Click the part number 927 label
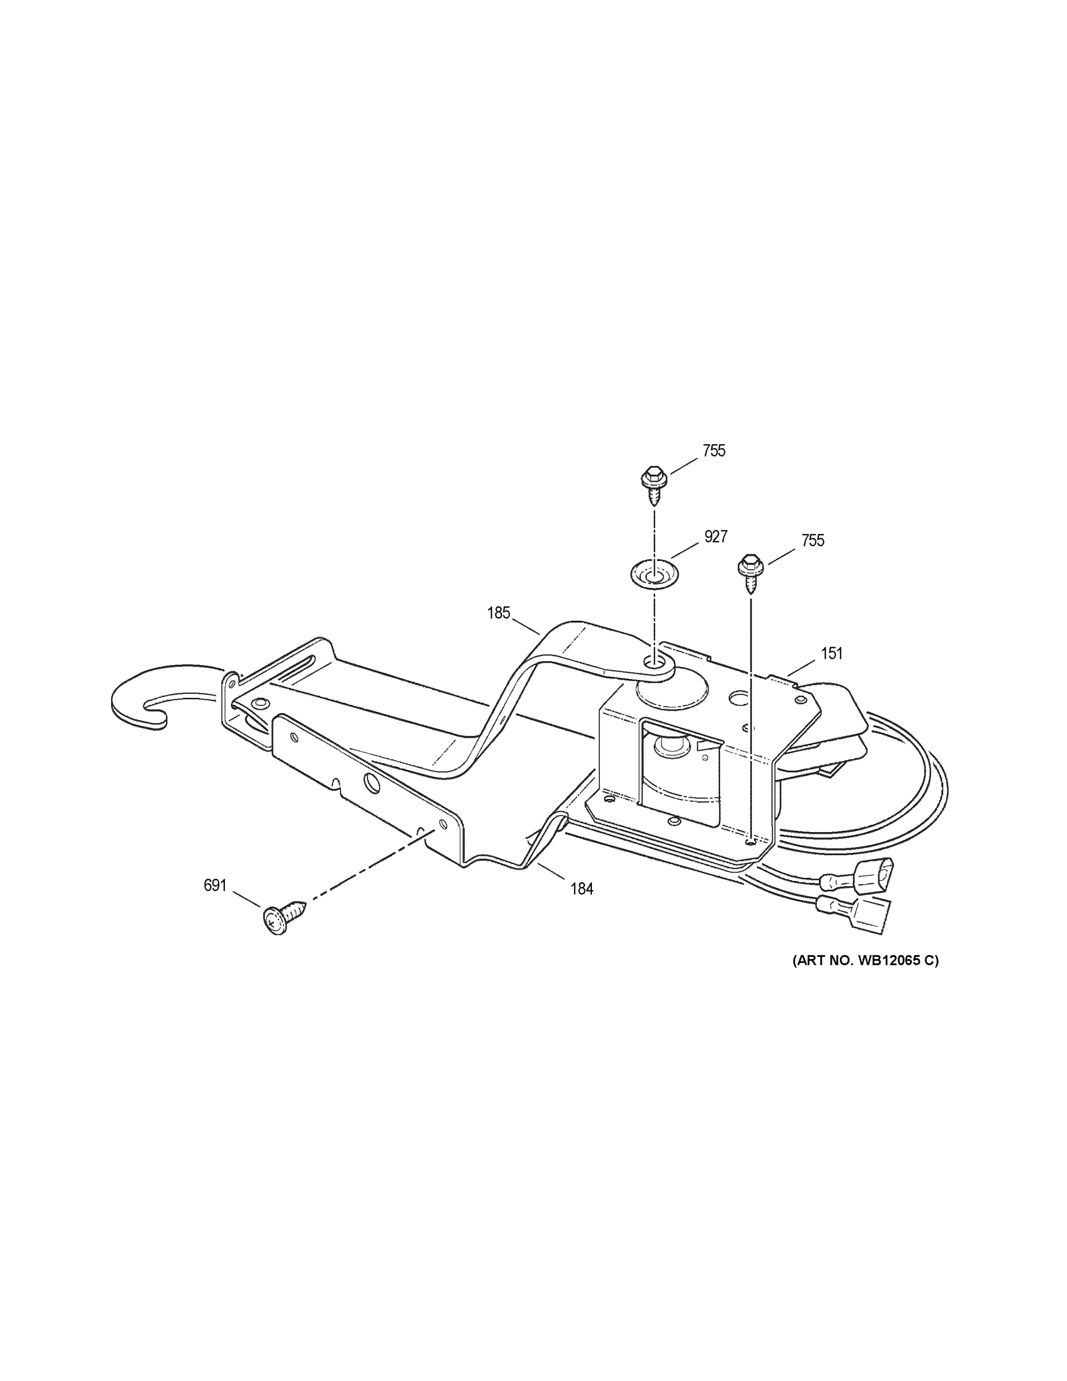point(716,537)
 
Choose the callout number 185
point(498,613)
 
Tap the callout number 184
point(582,889)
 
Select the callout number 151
point(832,654)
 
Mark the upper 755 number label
point(714,452)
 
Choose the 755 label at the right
point(812,541)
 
